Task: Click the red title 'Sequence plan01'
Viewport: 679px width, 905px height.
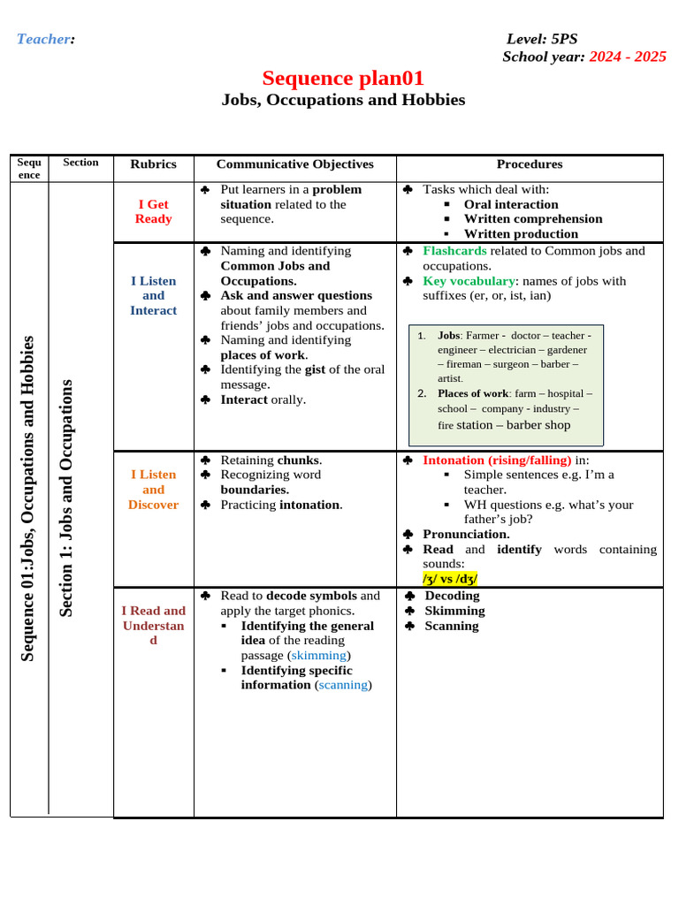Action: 343,79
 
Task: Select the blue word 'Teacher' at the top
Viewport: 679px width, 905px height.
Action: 44,39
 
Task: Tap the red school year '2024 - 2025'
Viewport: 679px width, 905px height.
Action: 628,57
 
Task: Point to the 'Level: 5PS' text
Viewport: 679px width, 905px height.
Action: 541,39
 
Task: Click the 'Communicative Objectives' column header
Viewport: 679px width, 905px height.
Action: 294,164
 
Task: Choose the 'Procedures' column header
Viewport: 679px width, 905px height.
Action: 529,164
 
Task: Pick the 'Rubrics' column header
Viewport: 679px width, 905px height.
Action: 153,164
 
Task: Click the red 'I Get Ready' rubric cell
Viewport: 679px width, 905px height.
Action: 153,211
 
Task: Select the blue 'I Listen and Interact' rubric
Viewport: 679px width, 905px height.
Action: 153,295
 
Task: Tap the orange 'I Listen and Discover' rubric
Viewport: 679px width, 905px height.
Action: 153,490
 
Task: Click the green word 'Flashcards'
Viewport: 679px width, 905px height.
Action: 454,251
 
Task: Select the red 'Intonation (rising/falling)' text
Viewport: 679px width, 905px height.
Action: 497,460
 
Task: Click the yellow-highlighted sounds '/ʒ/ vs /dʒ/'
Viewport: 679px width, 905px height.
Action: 451,579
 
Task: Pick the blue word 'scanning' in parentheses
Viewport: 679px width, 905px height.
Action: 343,685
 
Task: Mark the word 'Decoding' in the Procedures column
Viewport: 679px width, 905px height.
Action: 452,596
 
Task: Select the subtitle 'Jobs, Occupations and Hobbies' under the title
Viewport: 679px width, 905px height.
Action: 343,100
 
